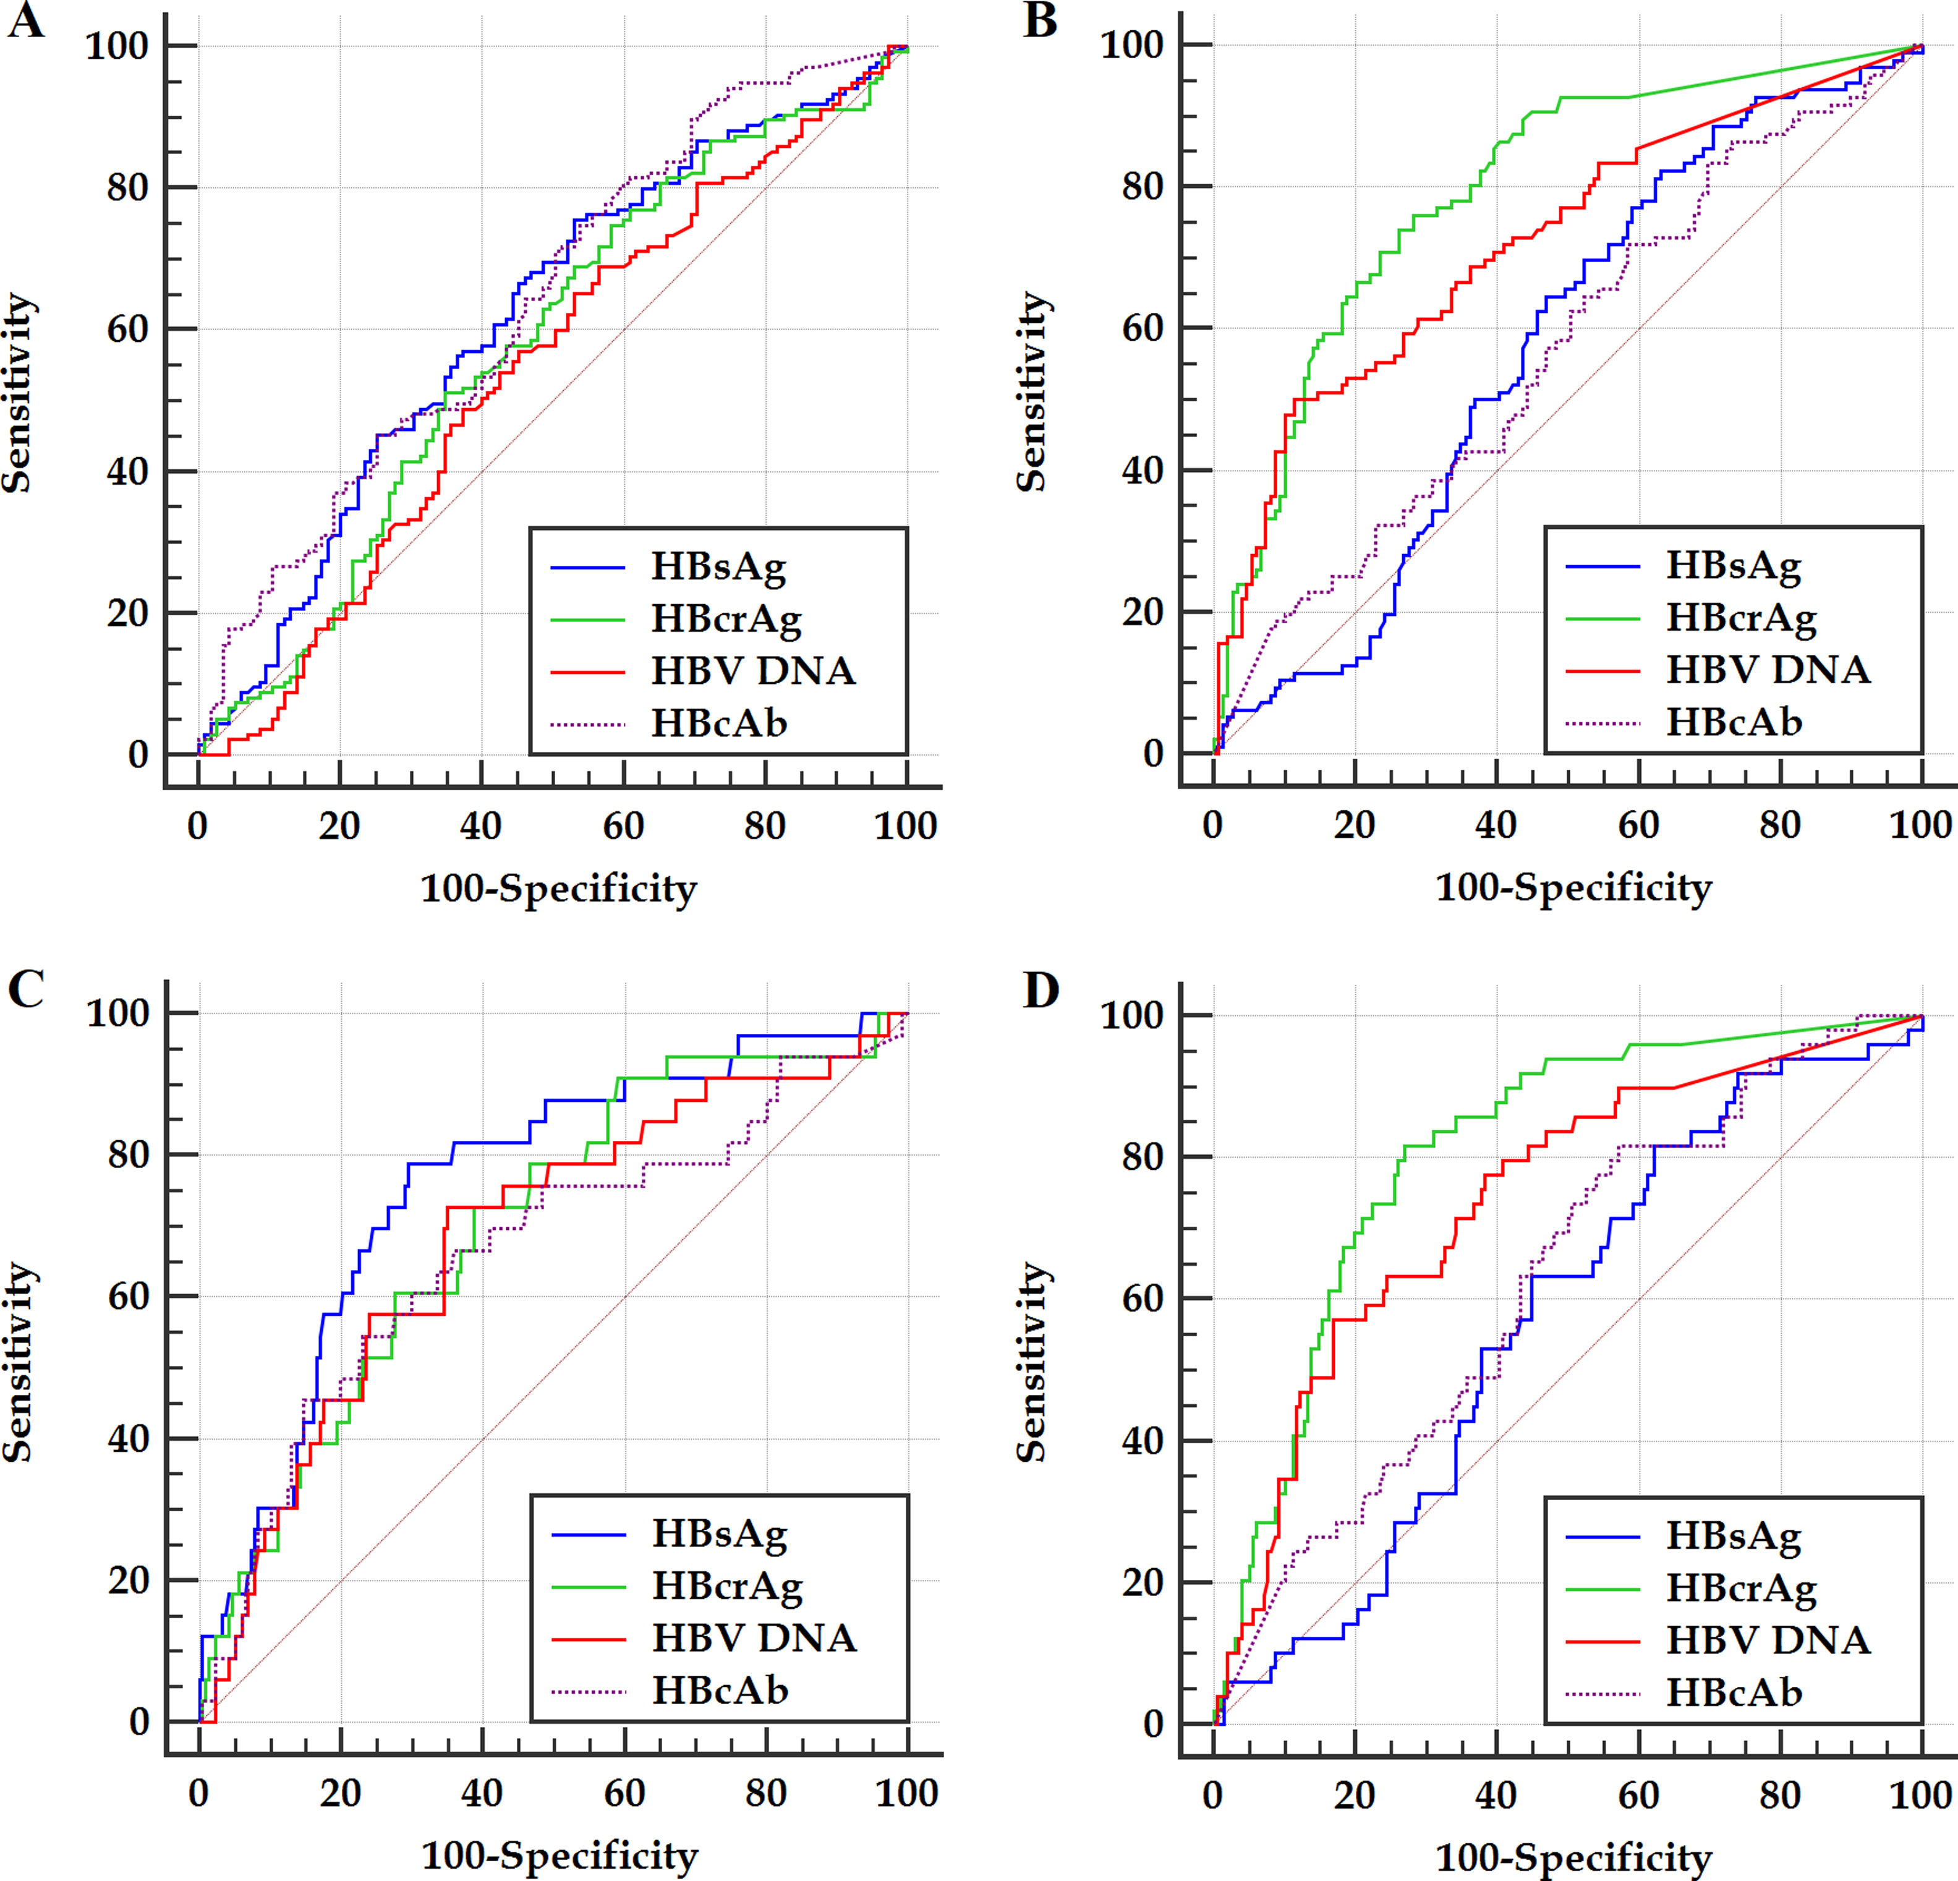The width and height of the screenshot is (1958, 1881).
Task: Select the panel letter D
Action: point(1041,992)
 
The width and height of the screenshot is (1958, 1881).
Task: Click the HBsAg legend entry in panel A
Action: point(718,568)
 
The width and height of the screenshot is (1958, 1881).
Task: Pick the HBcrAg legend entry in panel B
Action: point(1740,618)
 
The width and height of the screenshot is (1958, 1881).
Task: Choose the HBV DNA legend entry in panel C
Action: point(754,1638)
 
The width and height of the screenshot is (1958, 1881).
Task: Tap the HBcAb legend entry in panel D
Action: point(1733,1692)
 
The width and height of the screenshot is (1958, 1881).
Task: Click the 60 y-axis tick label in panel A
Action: point(128,330)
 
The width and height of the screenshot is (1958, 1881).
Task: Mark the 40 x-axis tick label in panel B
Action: point(1496,825)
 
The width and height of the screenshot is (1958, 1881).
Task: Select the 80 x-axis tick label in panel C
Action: point(766,1794)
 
